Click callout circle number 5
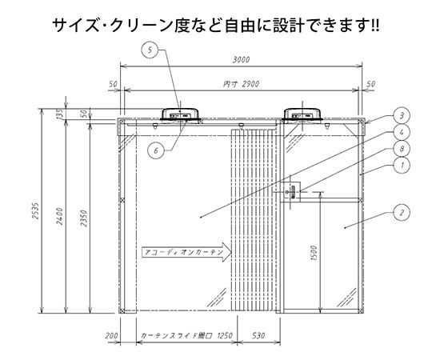[x=150, y=50]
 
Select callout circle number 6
[x=156, y=150]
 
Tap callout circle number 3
[x=402, y=115]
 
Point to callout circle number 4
[x=402, y=132]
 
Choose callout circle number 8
[x=402, y=149]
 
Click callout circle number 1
[x=402, y=166]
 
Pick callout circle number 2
[x=402, y=212]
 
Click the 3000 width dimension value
[x=241, y=60]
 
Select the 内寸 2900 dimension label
[x=241, y=84]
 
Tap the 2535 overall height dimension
[x=35, y=211]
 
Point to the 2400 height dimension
[x=60, y=216]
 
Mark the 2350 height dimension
[x=84, y=218]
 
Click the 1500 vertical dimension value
[x=314, y=253]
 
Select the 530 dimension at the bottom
[x=258, y=335]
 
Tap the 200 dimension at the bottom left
[x=111, y=336]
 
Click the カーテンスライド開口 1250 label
[x=186, y=336]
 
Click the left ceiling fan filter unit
[x=180, y=115]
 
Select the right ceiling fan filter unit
[x=302, y=115]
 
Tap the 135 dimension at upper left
[x=60, y=114]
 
